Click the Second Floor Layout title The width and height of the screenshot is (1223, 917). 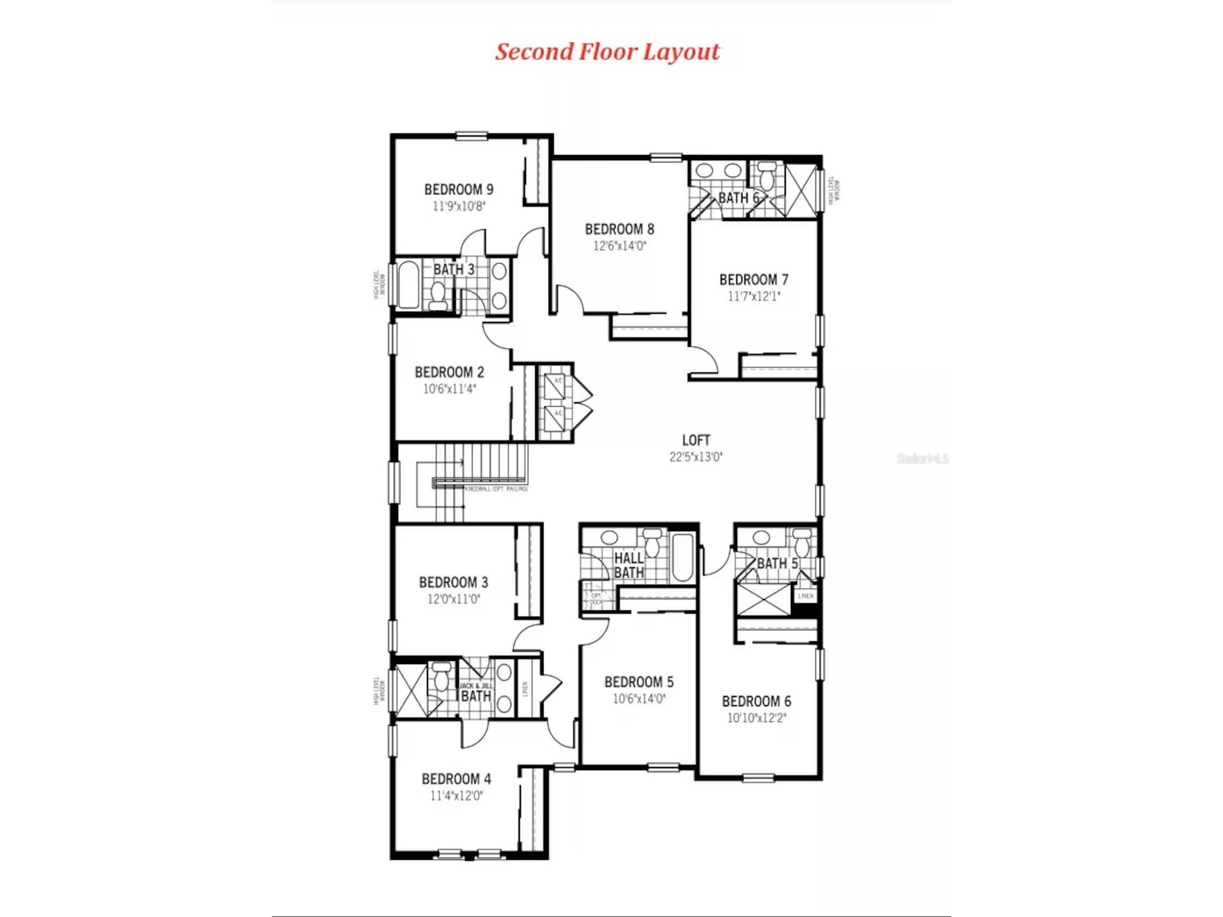click(607, 52)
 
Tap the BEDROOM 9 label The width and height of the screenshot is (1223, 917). click(459, 189)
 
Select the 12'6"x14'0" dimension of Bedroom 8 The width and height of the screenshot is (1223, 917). click(619, 246)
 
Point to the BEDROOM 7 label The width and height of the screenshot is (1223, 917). click(753, 280)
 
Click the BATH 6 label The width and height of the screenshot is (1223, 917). click(738, 198)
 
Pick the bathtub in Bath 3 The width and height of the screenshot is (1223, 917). click(409, 285)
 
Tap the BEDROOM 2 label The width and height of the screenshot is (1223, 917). click(449, 372)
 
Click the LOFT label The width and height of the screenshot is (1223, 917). click(696, 440)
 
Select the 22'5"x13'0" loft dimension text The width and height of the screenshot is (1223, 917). click(696, 457)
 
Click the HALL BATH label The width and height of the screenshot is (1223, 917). click(629, 566)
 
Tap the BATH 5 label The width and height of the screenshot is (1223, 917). click(777, 564)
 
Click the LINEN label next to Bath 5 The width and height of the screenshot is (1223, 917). click(805, 596)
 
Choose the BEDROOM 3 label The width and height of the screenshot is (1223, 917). click(453, 583)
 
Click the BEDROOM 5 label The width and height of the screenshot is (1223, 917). click(639, 682)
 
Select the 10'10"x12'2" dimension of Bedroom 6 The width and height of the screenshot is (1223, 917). click(756, 718)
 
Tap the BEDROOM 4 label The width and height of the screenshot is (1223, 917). click(456, 779)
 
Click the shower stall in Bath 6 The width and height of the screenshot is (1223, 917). click(801, 190)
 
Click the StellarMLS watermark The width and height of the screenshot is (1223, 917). click(922, 459)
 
